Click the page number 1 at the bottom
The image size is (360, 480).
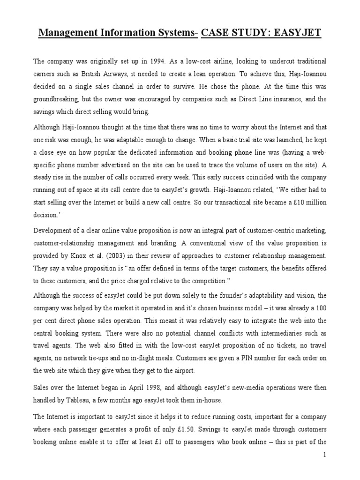point(324,455)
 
